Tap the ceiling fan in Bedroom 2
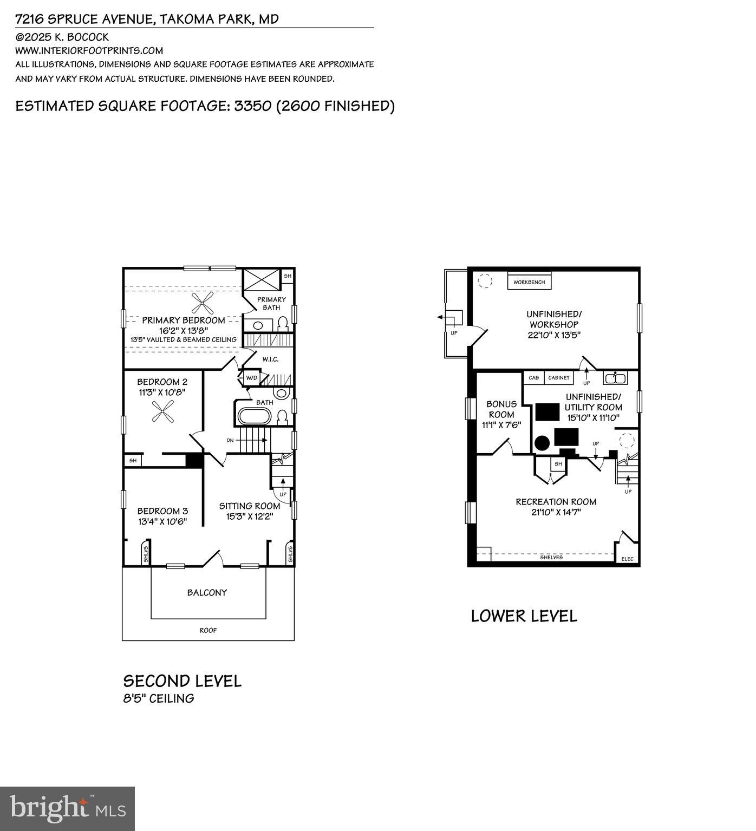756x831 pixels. coord(162,411)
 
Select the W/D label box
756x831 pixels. coord(252,377)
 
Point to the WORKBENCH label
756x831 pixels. coord(529,282)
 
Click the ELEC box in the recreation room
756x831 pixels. coord(627,559)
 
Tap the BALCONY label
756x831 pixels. coord(207,592)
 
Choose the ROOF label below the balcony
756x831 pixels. coord(208,630)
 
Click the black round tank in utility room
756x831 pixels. coord(542,443)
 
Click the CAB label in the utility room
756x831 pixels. coord(533,377)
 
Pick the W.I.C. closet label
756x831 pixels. coord(270,359)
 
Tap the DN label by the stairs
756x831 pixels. coord(230,440)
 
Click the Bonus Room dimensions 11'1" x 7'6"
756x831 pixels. coord(501,425)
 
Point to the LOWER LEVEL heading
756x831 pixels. coord(524,616)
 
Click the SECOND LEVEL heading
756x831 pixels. coord(182,680)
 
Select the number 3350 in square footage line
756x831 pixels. coord(252,106)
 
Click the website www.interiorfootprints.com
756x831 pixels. coord(89,51)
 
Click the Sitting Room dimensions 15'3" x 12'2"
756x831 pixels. coord(250,516)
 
